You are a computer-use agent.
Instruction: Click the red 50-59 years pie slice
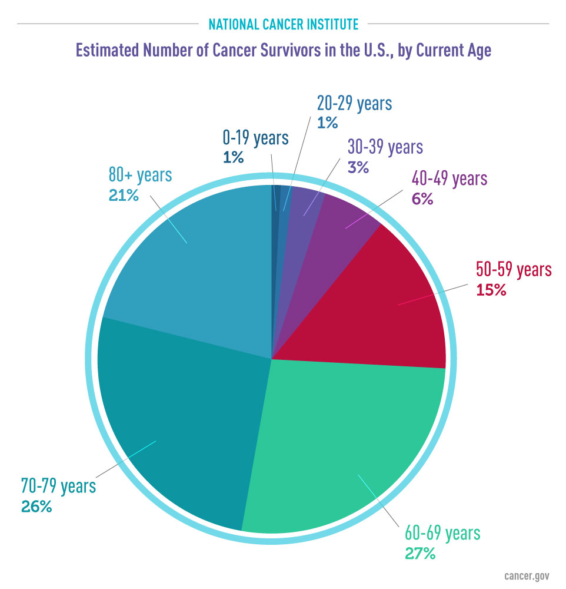tap(388, 300)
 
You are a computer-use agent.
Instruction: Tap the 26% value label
tap(36, 506)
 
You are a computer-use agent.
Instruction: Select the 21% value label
tap(124, 194)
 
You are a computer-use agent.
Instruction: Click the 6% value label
tap(422, 199)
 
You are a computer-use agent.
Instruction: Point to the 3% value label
tap(357, 167)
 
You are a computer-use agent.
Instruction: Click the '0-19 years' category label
tap(255, 138)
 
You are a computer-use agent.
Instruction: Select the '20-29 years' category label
tap(354, 104)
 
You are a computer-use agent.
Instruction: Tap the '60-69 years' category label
tap(442, 534)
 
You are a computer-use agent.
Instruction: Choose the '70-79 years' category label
tap(58, 487)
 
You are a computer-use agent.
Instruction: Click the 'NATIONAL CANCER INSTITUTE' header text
tap(283, 24)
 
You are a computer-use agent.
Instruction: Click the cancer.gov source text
tap(530, 575)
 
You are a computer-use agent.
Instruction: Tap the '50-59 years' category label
tap(513, 270)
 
